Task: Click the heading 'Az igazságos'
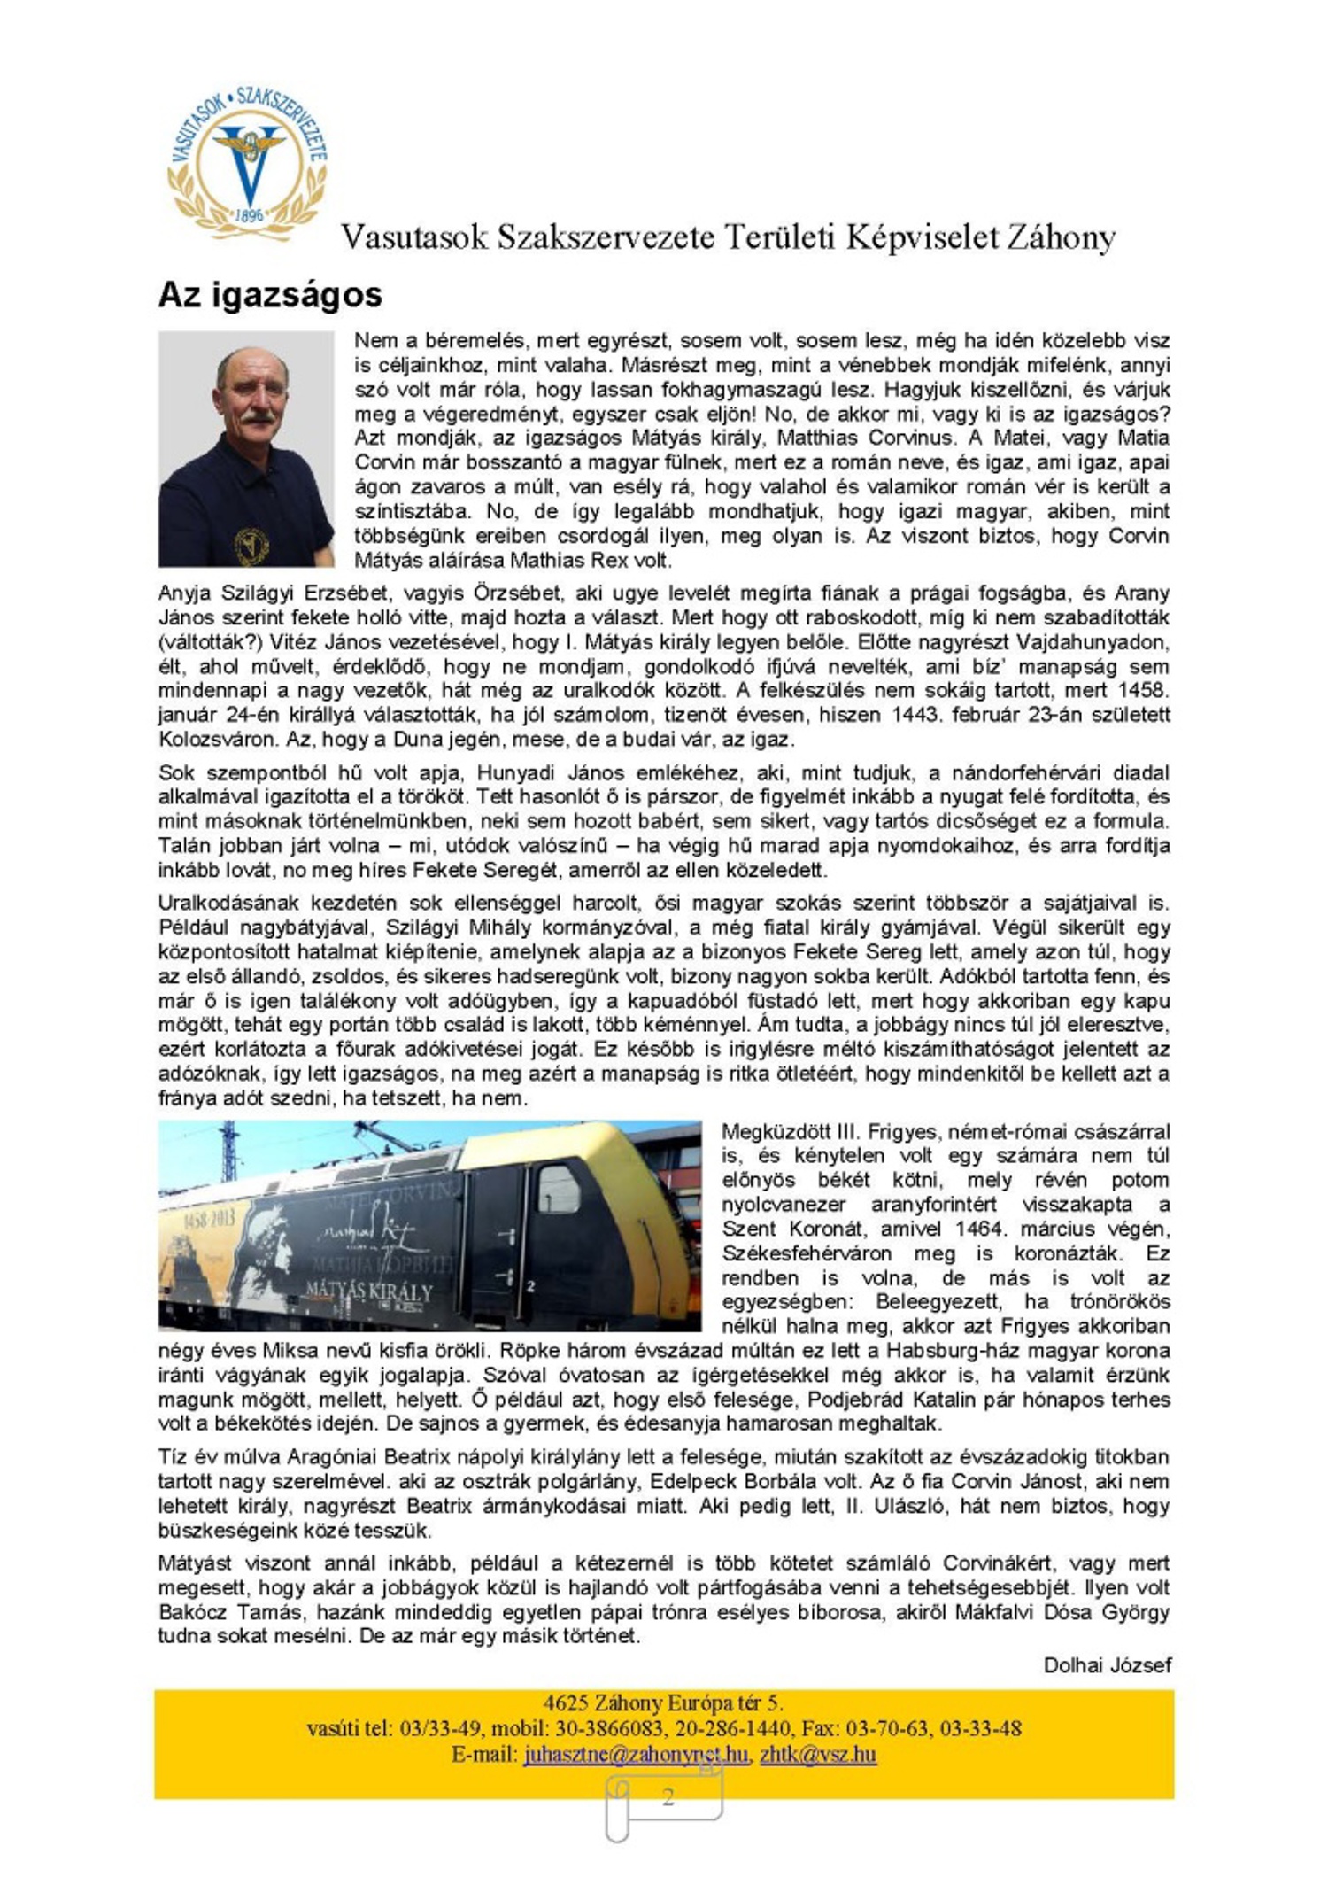point(270,295)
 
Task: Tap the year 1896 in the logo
point(251,215)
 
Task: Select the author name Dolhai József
point(1107,1665)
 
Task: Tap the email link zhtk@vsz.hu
point(818,1754)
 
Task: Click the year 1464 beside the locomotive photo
point(983,1229)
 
